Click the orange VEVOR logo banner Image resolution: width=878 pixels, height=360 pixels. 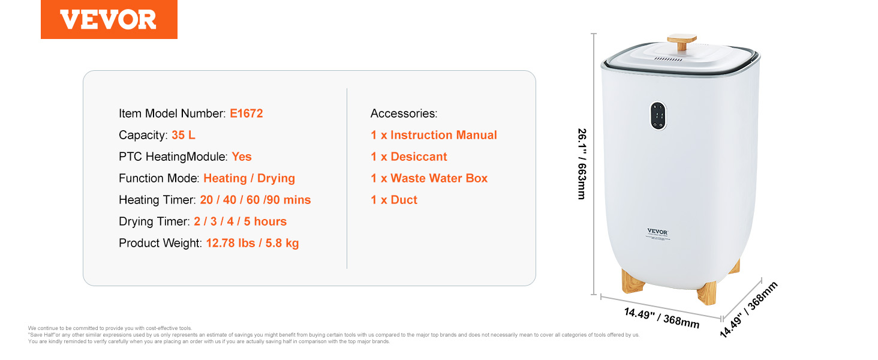pyautogui.click(x=109, y=19)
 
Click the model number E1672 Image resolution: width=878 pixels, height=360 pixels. pyautogui.click(x=246, y=113)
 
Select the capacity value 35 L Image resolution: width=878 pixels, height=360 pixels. pyautogui.click(x=183, y=135)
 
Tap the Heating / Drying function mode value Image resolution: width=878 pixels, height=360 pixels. pyautogui.click(x=249, y=178)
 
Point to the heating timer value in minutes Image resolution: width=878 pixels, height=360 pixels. pyautogui.click(x=255, y=200)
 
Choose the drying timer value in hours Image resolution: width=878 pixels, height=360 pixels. pyautogui.click(x=240, y=221)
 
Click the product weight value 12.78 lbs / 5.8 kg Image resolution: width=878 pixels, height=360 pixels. pyautogui.click(x=252, y=243)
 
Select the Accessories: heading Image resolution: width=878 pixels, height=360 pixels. pyautogui.click(x=404, y=113)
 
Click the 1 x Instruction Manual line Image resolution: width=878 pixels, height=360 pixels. pyautogui.click(x=434, y=135)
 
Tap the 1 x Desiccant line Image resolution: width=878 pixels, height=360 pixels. pyautogui.click(x=409, y=157)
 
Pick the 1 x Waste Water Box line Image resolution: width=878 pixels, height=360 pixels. pyautogui.click(x=429, y=178)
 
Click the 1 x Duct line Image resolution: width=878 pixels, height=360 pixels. pyautogui.click(x=394, y=200)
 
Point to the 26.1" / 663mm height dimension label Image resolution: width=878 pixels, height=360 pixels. pyautogui.click(x=582, y=164)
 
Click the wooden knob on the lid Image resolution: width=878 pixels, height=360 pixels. pyautogui.click(x=682, y=42)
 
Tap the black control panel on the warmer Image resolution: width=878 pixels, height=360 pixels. pyautogui.click(x=658, y=116)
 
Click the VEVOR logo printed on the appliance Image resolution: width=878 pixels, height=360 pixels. pyautogui.click(x=657, y=232)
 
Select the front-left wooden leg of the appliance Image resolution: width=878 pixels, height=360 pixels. pyautogui.click(x=633, y=280)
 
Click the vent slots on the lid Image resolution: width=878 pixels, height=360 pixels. pyautogui.click(x=668, y=59)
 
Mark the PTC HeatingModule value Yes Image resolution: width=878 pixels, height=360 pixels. pyautogui.click(x=242, y=157)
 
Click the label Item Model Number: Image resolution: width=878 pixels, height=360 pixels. pyautogui.click(x=172, y=113)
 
